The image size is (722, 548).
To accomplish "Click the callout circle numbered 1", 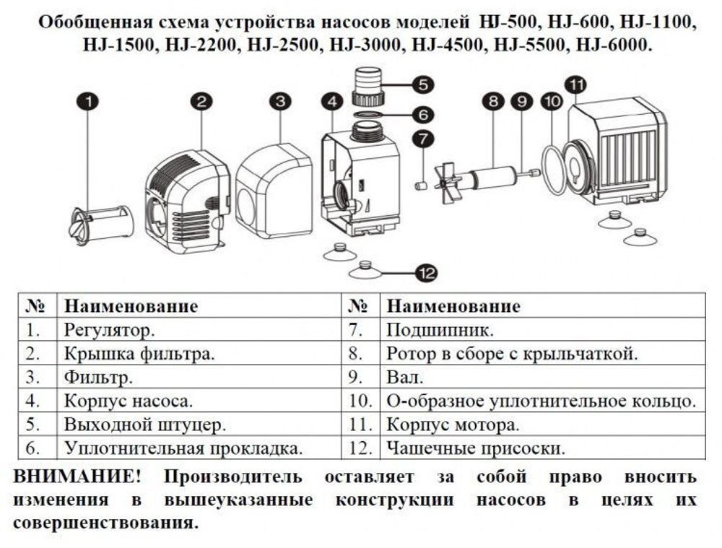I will [x=88, y=103].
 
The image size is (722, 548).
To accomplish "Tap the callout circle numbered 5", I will [x=424, y=84].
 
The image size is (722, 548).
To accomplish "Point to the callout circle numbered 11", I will [x=575, y=85].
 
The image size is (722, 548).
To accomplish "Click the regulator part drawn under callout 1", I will [x=100, y=222].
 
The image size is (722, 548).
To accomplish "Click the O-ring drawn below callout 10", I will [x=554, y=170].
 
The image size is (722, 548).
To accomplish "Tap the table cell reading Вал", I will [x=405, y=377].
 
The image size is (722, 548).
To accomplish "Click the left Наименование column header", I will [x=131, y=306].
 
